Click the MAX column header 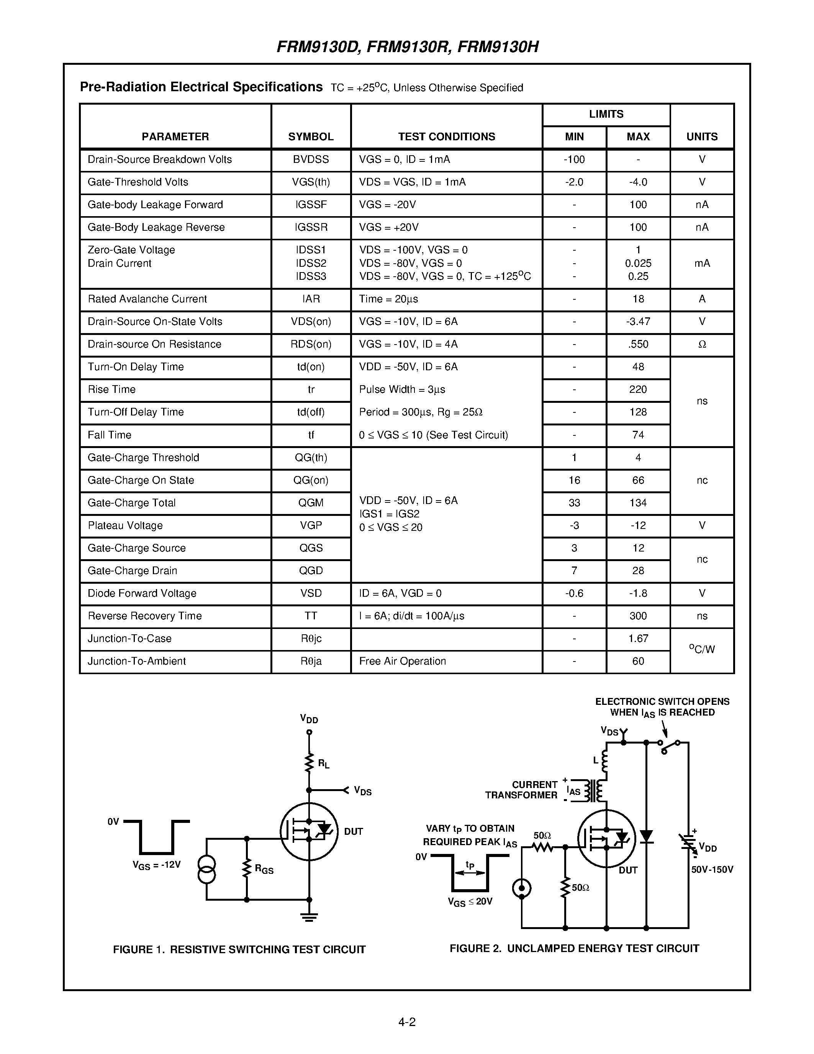(638, 136)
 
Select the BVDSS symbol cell (311, 159)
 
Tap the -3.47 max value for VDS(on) (638, 322)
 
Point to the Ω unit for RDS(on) (702, 344)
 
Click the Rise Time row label (111, 389)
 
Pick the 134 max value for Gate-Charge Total (638, 503)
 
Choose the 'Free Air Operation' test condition (402, 661)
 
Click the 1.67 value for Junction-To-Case (638, 639)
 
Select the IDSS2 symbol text (311, 263)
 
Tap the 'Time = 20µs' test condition (388, 299)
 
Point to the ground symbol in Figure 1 (309, 917)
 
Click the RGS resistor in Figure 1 (247, 868)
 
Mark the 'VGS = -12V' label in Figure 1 (156, 865)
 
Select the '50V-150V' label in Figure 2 (712, 870)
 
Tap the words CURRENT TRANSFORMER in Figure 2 (521, 790)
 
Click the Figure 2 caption (574, 948)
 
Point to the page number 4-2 (406, 1022)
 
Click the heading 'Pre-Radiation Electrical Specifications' (201, 87)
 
